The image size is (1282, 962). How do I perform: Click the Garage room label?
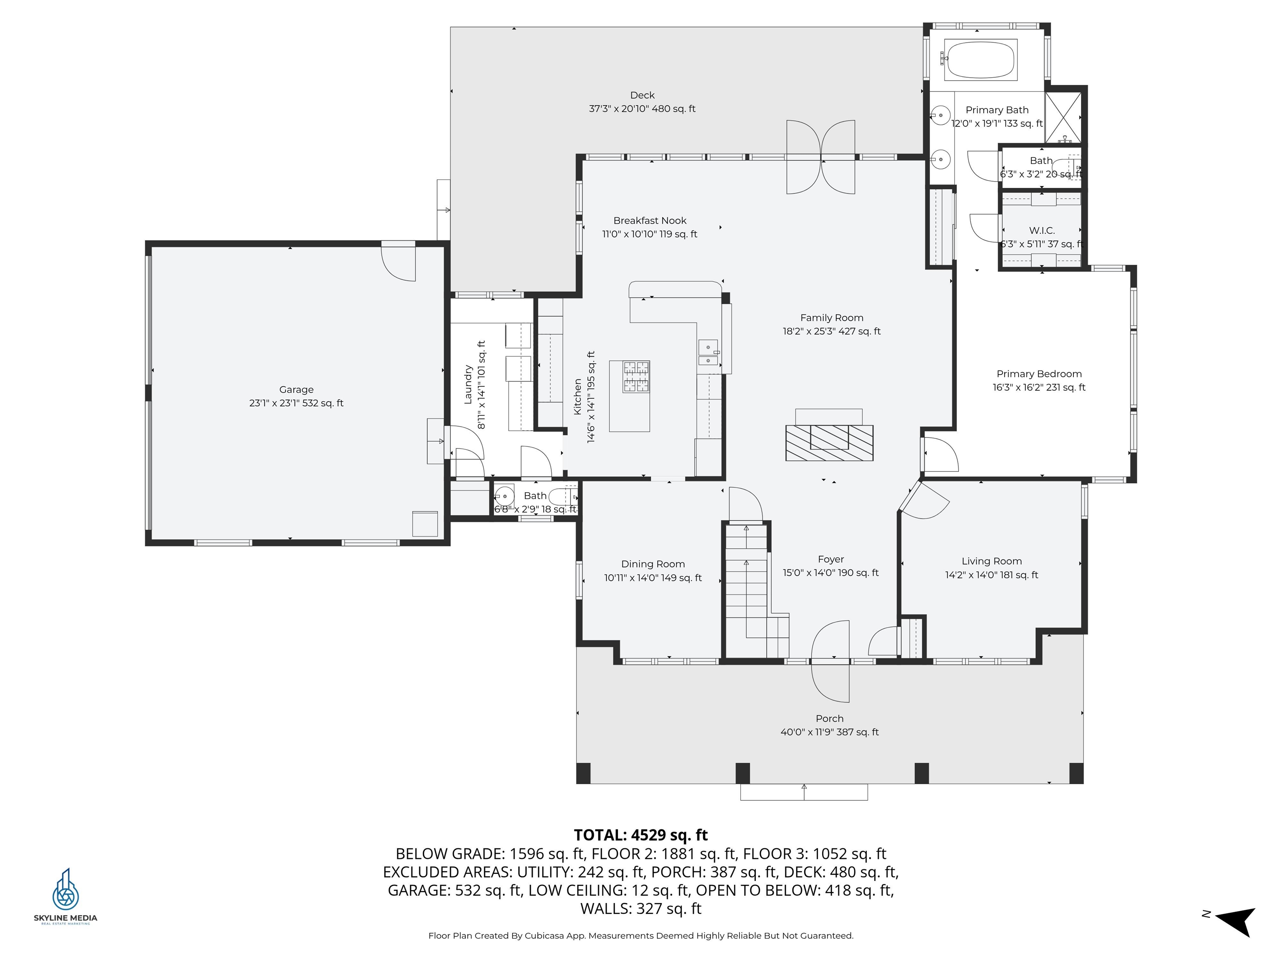[296, 390]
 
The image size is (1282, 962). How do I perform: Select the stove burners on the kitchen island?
[636, 376]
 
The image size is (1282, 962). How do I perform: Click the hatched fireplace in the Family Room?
[829, 443]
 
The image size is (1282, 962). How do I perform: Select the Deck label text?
[642, 95]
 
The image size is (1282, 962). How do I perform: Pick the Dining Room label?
[653, 564]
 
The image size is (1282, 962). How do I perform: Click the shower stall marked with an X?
[1063, 117]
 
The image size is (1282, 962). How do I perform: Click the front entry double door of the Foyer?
[830, 661]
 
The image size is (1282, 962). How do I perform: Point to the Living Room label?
[991, 561]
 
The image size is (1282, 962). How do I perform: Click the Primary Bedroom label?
[1039, 374]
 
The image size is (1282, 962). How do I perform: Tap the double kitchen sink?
[708, 354]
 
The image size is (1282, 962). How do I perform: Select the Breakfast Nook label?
[650, 221]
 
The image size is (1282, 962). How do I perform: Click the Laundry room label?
[468, 385]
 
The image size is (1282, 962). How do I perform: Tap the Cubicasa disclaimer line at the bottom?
[641, 935]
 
